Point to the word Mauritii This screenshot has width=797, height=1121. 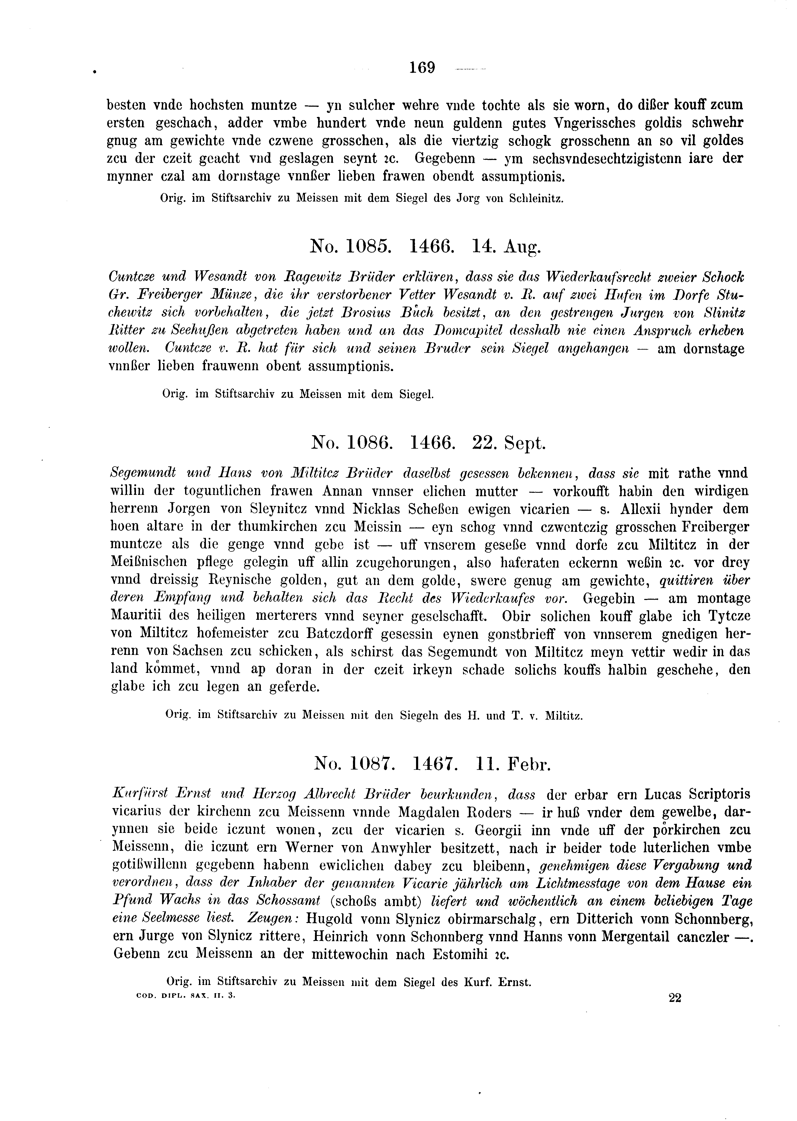pos(138,616)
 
